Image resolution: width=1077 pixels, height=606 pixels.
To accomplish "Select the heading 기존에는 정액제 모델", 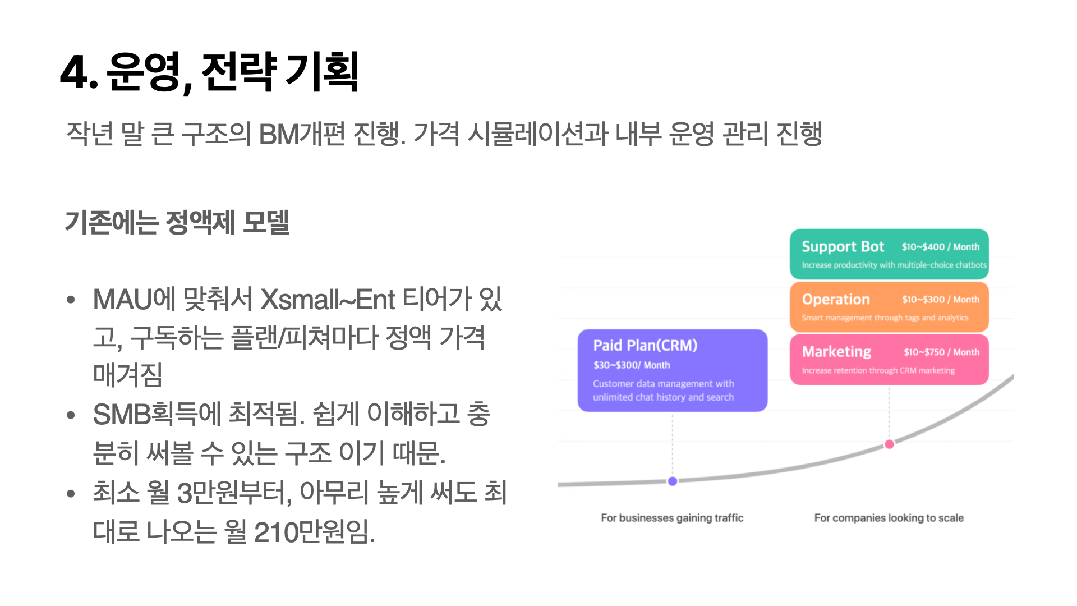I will pyautogui.click(x=177, y=222).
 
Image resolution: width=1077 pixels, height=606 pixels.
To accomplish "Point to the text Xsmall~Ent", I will pyautogui.click(x=328, y=300).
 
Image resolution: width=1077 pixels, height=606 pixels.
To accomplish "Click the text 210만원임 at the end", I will pyautogui.click(x=314, y=532).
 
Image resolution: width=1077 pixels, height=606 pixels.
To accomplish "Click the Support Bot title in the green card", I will pyautogui.click(x=843, y=247).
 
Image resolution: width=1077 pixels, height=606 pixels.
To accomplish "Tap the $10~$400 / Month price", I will pyautogui.click(x=940, y=247).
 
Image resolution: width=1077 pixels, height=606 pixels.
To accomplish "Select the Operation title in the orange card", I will pyautogui.click(x=836, y=300).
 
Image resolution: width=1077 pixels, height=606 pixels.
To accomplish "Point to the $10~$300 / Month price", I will pyautogui.click(x=941, y=300).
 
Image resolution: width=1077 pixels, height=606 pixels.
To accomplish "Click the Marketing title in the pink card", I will pyautogui.click(x=836, y=352).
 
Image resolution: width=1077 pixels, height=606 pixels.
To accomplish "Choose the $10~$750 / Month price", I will pyautogui.click(x=941, y=352).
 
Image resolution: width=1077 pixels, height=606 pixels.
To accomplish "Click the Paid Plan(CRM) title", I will pyautogui.click(x=645, y=346).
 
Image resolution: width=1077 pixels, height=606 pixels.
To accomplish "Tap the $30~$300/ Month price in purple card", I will pyautogui.click(x=632, y=365).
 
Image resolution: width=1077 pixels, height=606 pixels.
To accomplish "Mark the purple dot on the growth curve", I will pyautogui.click(x=673, y=481).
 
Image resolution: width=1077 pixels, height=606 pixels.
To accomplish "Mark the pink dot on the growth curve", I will pyautogui.click(x=889, y=444).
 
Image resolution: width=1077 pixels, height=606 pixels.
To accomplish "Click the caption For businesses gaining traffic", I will pyautogui.click(x=672, y=518).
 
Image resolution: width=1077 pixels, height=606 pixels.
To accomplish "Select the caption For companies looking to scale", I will pyautogui.click(x=889, y=518).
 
